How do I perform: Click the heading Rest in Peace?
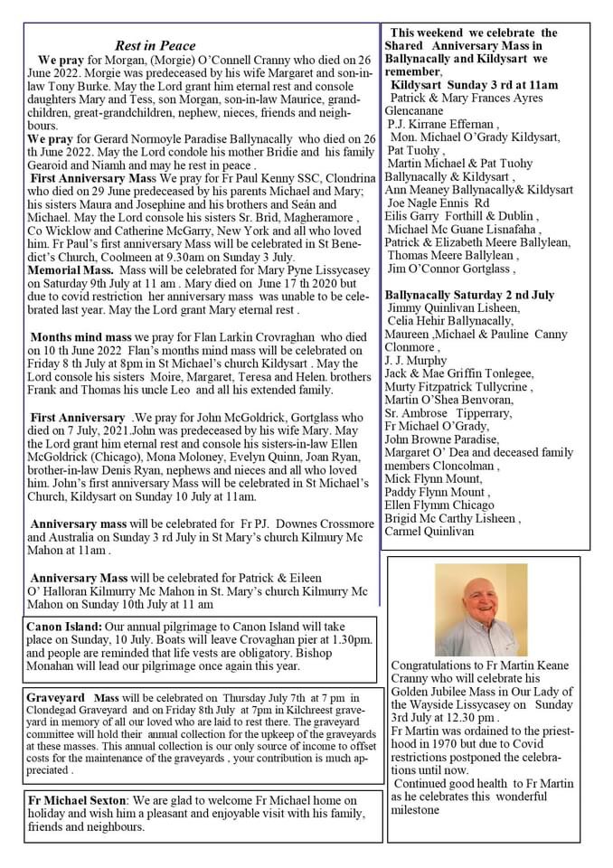(155, 45)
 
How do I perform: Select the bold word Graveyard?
(56, 698)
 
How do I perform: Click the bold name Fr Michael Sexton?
(77, 800)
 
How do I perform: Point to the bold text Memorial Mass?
(71, 269)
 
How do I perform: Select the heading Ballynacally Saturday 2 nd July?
(469, 295)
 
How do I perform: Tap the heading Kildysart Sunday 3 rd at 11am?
(475, 84)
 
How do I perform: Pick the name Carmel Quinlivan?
(429, 532)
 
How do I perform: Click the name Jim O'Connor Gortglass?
(450, 269)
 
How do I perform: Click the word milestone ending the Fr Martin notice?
(415, 809)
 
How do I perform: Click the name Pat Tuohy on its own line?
(413, 150)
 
